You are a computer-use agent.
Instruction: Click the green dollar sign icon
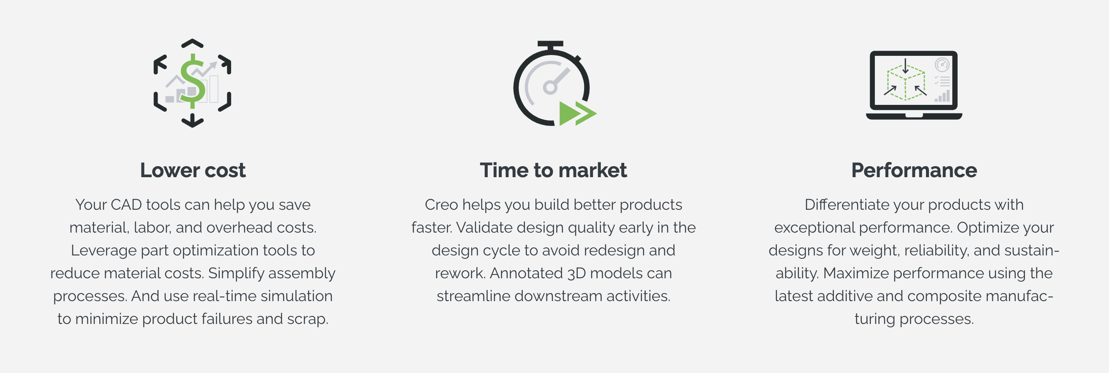192,81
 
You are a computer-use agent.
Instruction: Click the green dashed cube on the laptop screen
905,83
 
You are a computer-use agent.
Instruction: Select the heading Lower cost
193,170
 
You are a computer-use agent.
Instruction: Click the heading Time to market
553,170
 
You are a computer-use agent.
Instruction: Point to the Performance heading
914,170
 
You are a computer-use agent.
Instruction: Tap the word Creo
441,205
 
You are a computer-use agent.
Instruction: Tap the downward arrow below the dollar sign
192,120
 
